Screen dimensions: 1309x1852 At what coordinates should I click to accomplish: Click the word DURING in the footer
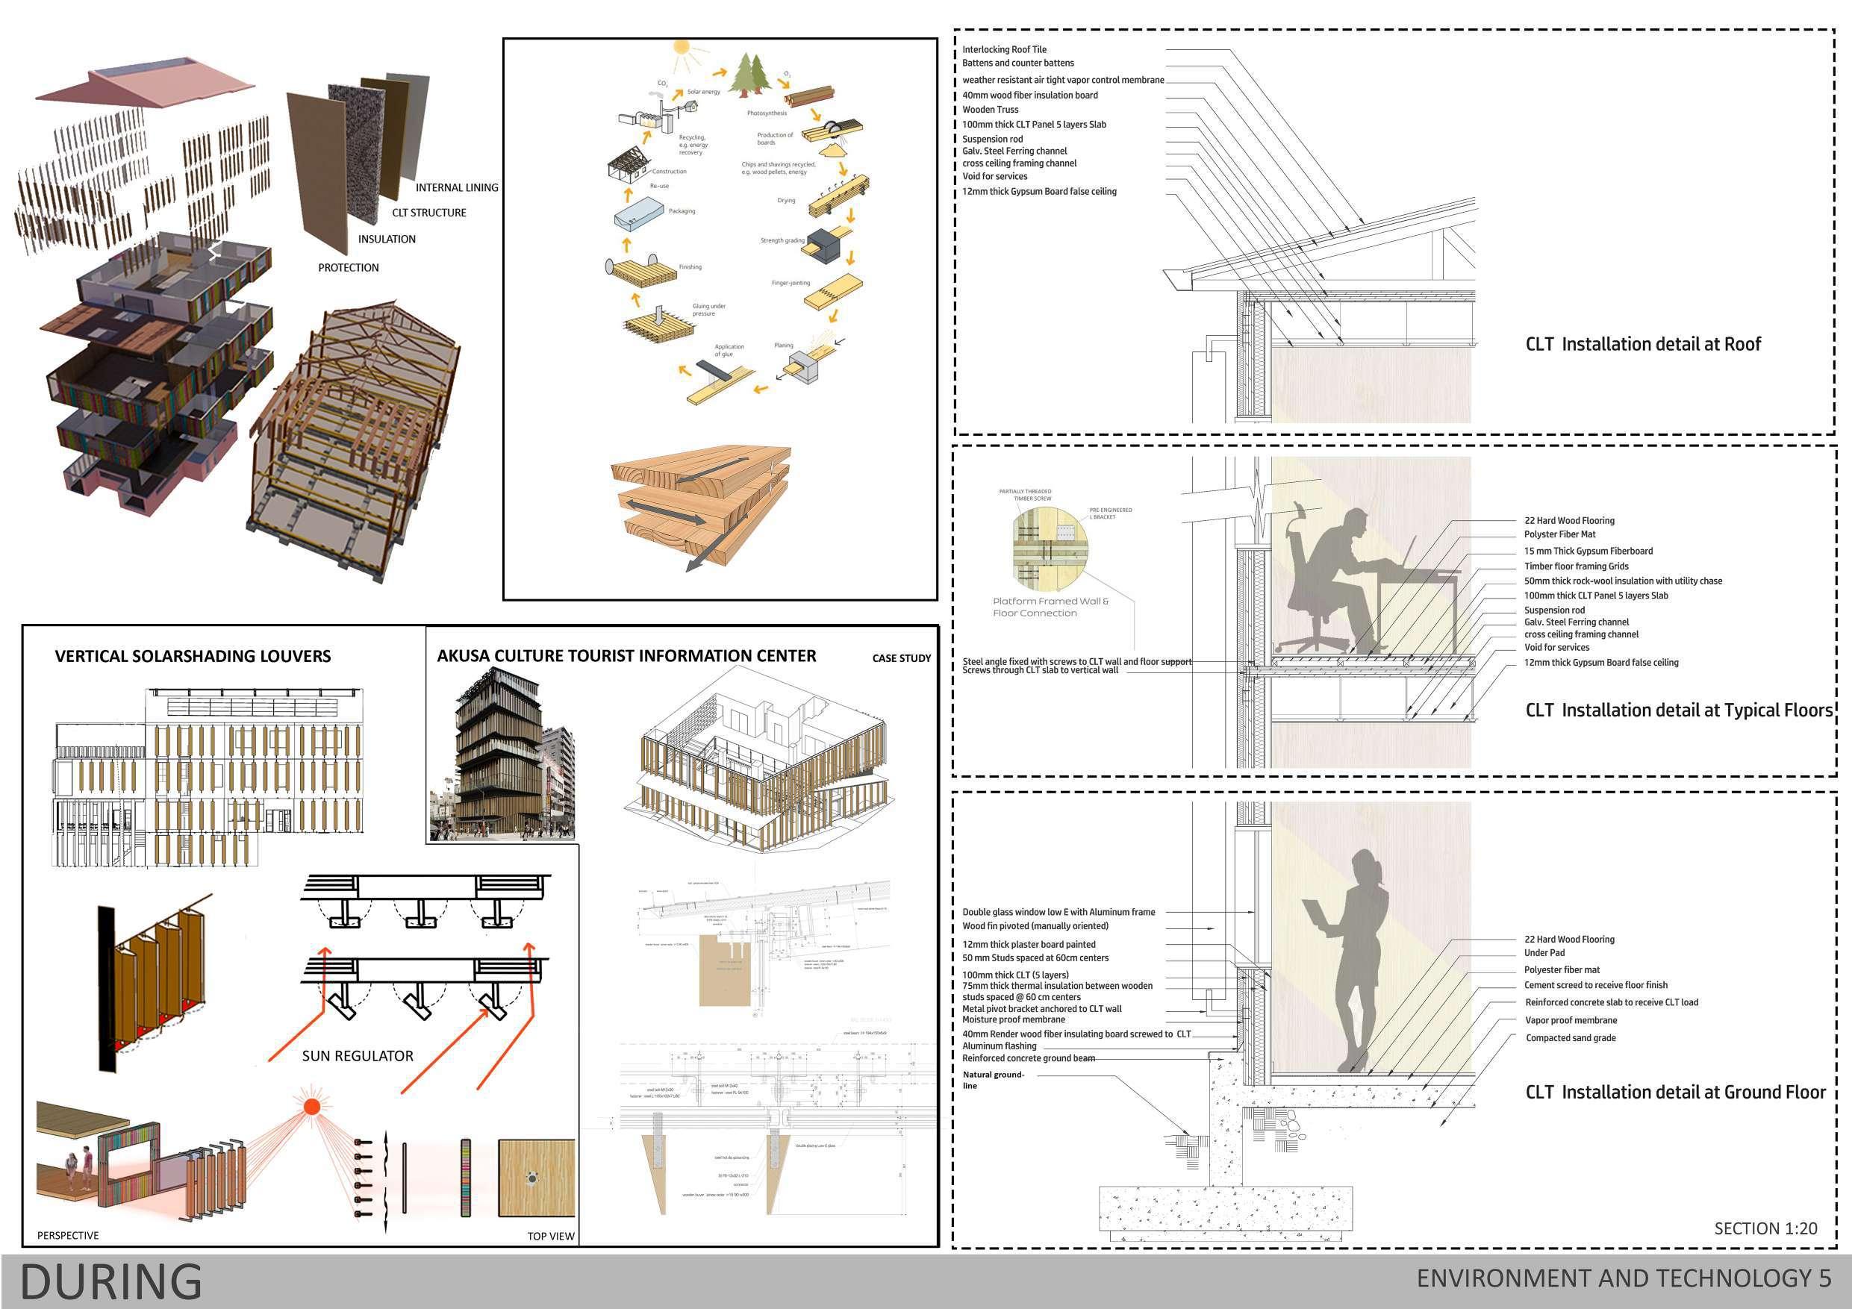110,1281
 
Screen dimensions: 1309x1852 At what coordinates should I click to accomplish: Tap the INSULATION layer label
387,240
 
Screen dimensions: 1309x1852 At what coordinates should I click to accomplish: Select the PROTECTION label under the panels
348,268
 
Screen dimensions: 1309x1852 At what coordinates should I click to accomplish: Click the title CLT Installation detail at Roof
1642,344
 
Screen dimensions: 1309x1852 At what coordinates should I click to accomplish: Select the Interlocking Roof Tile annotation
1003,50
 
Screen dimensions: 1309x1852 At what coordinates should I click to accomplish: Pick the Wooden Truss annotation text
990,110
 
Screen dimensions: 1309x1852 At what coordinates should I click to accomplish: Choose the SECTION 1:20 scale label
1765,1228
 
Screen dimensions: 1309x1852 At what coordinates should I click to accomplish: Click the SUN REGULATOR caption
358,1056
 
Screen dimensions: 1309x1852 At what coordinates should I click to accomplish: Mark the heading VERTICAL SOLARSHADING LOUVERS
193,657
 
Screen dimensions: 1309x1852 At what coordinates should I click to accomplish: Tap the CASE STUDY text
901,658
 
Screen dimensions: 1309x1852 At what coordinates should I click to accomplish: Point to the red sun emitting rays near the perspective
311,1106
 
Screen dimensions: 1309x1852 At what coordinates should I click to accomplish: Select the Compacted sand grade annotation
1570,1038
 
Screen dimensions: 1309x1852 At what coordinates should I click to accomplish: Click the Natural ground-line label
992,1080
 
